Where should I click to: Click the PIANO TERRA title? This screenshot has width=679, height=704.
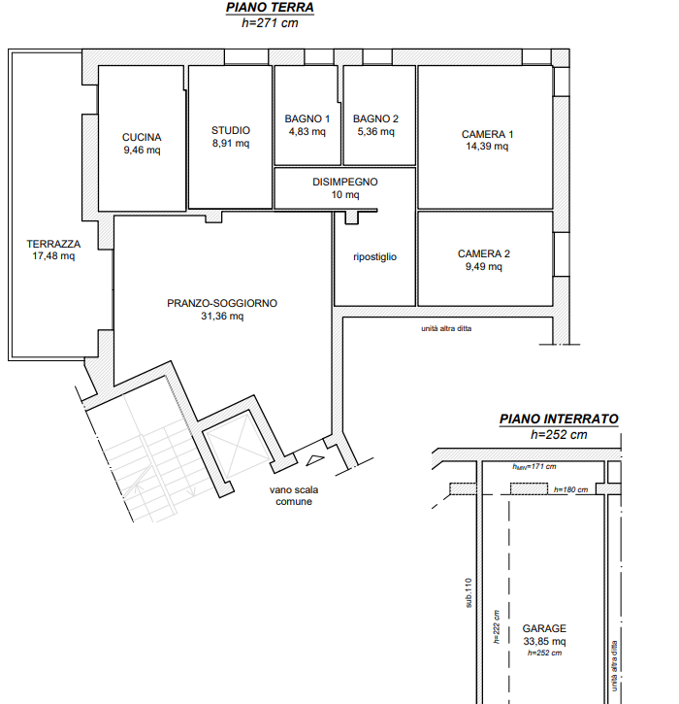pos(270,8)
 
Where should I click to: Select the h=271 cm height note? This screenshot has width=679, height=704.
pos(270,23)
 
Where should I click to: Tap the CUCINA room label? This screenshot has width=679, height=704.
pos(142,137)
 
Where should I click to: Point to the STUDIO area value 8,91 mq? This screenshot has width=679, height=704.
pos(231,144)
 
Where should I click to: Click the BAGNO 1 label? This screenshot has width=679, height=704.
pos(307,119)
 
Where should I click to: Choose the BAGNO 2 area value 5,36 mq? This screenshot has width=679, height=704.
pos(375,132)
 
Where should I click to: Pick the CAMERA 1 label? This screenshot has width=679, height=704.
pos(487,134)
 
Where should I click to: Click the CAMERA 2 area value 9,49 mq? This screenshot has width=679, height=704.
pos(483,267)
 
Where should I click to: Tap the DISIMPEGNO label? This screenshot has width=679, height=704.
pos(345,183)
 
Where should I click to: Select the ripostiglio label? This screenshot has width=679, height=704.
pos(375,257)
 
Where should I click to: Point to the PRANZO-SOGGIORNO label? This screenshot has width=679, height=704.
pos(222,304)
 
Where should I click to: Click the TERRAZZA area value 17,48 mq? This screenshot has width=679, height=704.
pos(53,256)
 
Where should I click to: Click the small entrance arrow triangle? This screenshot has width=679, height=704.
pos(315,460)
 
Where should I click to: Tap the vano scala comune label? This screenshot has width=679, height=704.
pos(294,495)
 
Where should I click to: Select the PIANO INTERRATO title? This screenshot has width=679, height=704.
pos(559,419)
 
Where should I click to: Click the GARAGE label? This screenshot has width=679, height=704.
pos(544,628)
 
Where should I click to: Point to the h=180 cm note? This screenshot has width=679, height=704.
pos(570,489)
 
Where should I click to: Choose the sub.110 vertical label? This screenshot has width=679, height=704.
pos(469,592)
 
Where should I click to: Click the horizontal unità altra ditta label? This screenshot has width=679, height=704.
pos(446,328)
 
